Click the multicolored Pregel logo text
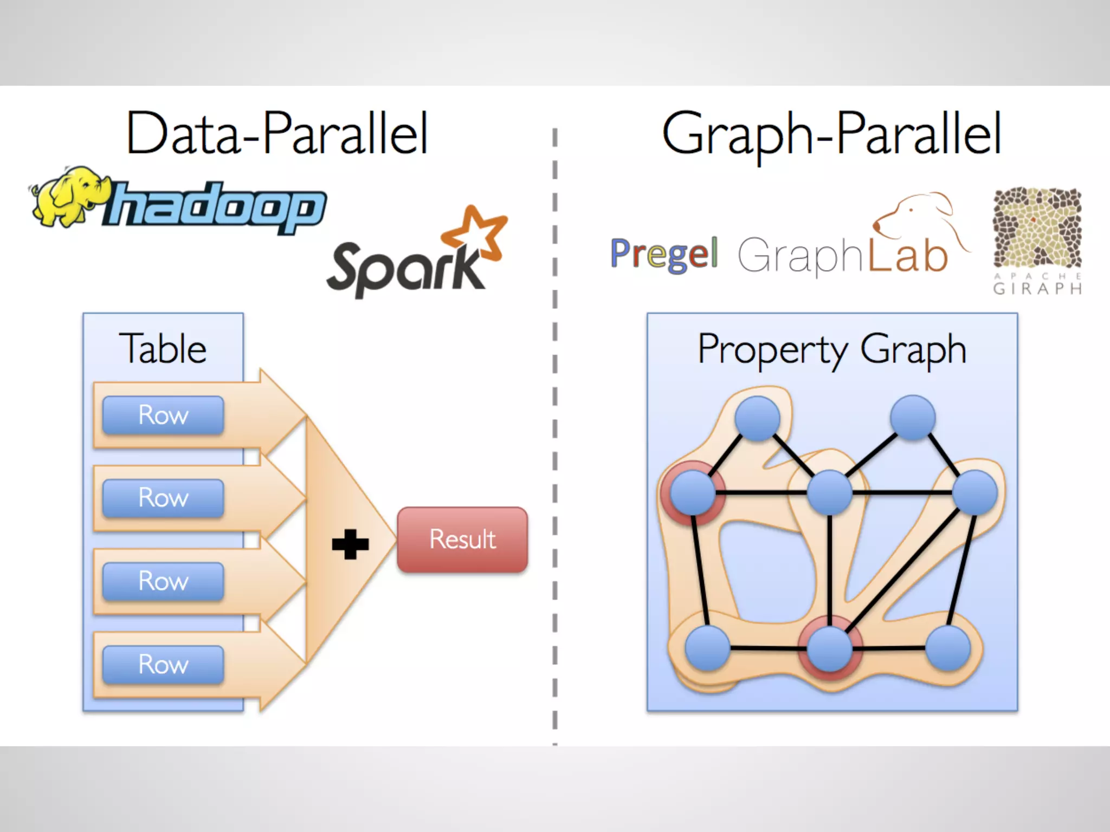click(664, 253)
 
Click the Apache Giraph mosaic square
click(1037, 227)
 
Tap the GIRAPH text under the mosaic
click(1037, 288)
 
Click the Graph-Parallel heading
click(831, 133)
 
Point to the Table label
click(163, 348)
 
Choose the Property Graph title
click(832, 349)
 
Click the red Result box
click(462, 539)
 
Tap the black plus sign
click(350, 544)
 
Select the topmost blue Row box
click(163, 415)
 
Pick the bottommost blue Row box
click(163, 664)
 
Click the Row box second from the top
click(163, 498)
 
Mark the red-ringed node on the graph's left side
click(692, 492)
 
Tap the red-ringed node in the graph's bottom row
click(829, 648)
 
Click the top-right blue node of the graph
click(913, 418)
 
